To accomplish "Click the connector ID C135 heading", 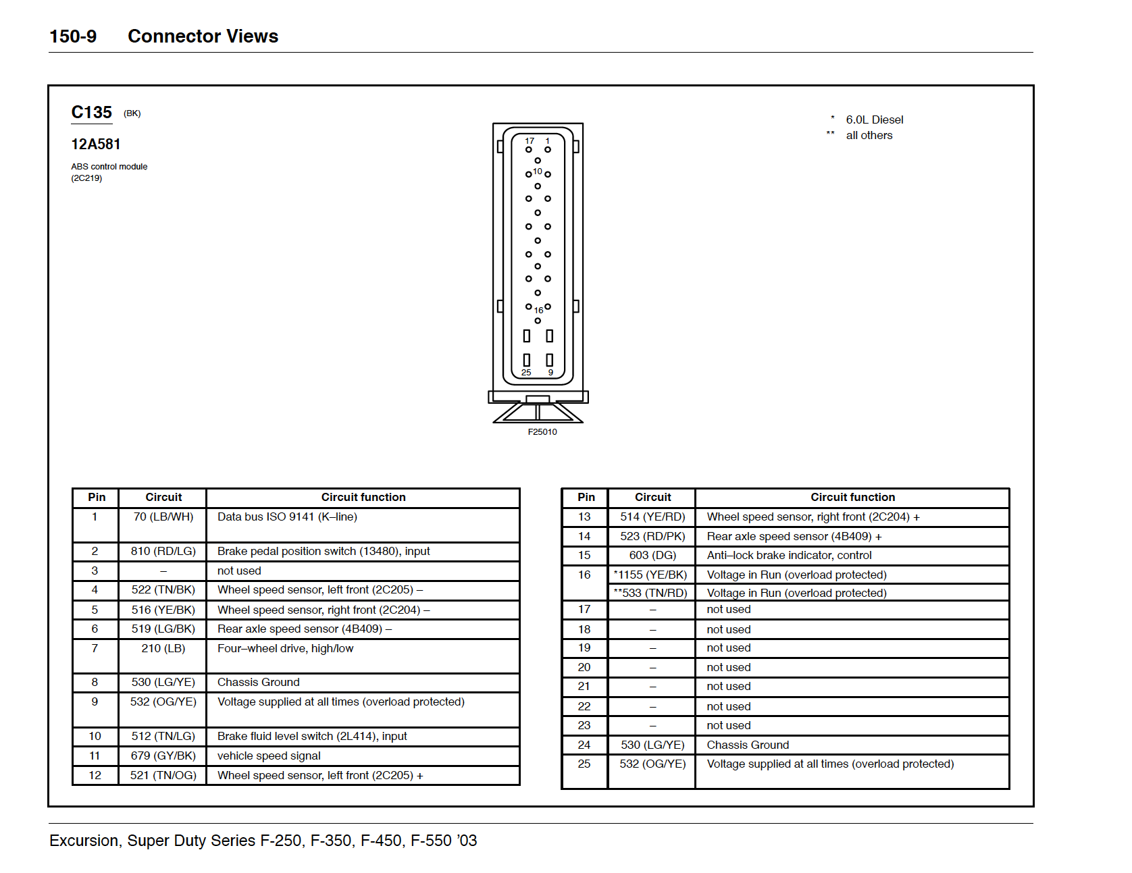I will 92,113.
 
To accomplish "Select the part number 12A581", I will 96,144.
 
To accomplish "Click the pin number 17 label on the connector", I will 530,141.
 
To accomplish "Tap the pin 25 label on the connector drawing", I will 526,373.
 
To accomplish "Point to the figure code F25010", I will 542,432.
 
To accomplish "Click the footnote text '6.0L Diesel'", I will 874,120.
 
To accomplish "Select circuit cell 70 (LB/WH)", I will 163,517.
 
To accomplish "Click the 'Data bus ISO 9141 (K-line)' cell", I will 287,517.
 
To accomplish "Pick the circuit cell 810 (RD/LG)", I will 163,552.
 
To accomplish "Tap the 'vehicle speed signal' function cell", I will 269,756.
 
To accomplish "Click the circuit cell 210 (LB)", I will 163,649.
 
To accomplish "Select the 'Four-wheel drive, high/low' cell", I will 285,649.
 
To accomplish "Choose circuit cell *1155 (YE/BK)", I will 650,575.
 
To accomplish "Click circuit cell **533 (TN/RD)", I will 650,593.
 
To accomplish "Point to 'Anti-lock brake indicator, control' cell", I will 789,556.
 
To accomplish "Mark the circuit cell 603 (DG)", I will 652,556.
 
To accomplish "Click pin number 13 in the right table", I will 584,517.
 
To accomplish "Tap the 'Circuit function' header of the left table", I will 363,498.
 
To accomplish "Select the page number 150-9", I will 73,36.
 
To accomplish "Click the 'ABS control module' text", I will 109,167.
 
